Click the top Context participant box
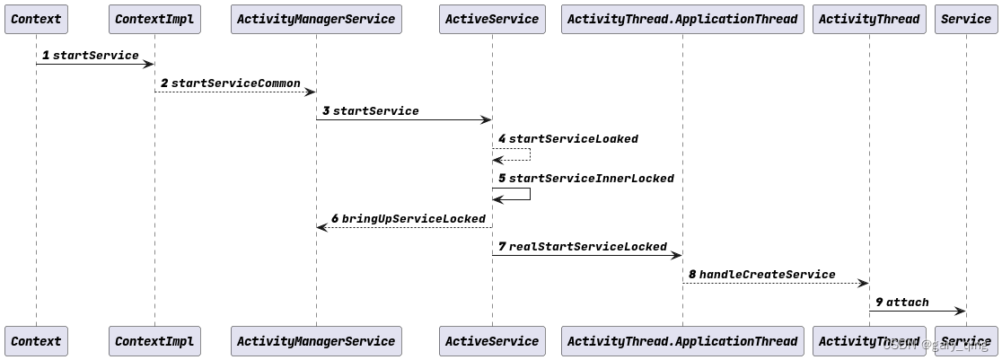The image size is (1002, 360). [x=36, y=19]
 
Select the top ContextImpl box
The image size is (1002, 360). [x=154, y=19]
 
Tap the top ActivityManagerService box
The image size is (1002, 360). [x=316, y=19]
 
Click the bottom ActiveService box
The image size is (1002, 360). [x=492, y=341]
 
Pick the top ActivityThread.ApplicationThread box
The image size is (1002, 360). [x=682, y=19]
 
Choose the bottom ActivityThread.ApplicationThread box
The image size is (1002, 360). [x=682, y=341]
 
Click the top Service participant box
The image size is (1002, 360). [x=966, y=19]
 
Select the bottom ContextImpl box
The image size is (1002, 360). [x=154, y=341]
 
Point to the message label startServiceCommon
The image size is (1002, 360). [x=235, y=83]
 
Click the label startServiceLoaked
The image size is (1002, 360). [x=573, y=139]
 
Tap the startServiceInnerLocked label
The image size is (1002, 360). [x=591, y=179]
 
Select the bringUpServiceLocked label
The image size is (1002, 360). [x=413, y=219]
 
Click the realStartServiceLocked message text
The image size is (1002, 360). [x=587, y=247]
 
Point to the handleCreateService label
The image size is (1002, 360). [x=767, y=275]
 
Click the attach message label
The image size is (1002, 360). [x=907, y=303]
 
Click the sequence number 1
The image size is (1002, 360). [x=46, y=56]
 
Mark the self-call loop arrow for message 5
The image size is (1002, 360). [x=529, y=194]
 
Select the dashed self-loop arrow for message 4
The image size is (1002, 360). [x=529, y=154]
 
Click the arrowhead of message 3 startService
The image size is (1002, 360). [x=487, y=119]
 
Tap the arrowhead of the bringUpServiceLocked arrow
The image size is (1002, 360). [x=321, y=227]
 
